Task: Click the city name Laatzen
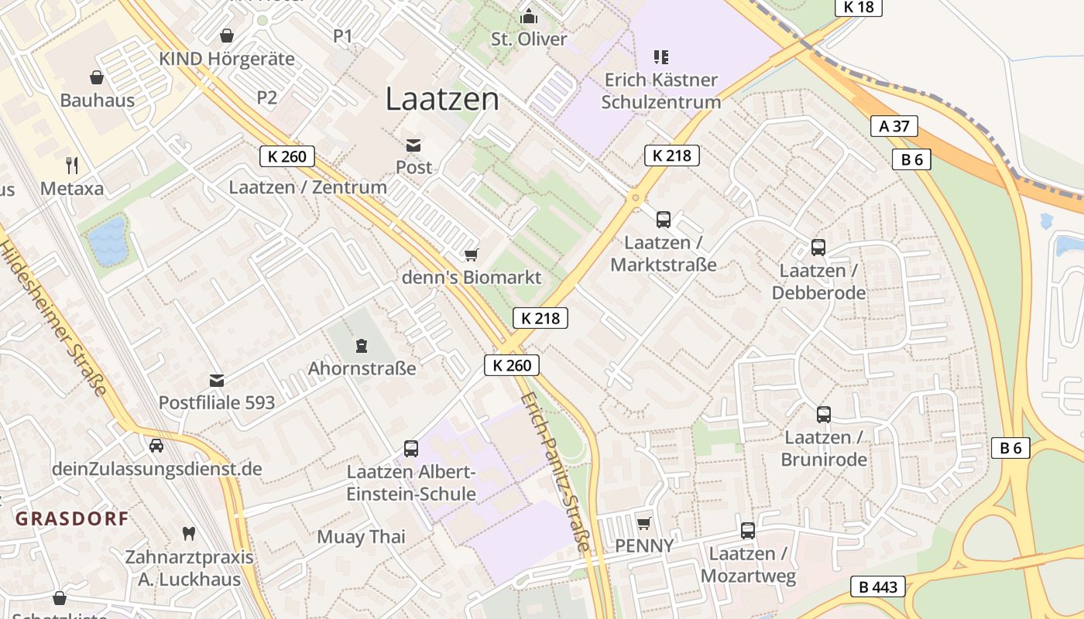click(442, 99)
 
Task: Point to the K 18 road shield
click(858, 7)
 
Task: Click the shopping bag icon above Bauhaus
click(97, 77)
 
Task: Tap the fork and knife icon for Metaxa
click(72, 165)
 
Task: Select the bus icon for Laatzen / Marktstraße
click(664, 219)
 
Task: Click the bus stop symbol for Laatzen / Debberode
click(818, 248)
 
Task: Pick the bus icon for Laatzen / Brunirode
click(824, 414)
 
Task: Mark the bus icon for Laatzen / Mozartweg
click(747, 531)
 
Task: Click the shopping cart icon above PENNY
click(643, 523)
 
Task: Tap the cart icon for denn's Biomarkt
click(471, 255)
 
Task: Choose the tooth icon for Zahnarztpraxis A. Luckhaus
click(188, 533)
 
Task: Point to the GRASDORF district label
click(72, 518)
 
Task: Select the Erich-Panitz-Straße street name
click(555, 472)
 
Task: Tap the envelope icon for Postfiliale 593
click(217, 380)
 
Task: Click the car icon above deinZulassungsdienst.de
click(156, 446)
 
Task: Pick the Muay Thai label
click(361, 537)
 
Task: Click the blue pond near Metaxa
click(107, 241)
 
